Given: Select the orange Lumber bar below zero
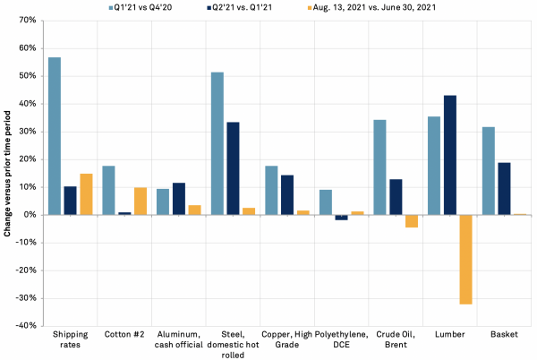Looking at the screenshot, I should [465, 260].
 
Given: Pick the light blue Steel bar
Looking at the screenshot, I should [217, 143].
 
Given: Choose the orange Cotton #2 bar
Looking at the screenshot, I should [141, 201].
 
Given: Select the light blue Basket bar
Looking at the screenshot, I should [488, 171].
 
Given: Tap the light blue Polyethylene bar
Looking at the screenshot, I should [325, 202].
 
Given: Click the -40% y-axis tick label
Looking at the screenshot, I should [24, 326].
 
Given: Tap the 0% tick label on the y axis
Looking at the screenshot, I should [29, 215].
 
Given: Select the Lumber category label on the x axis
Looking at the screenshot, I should [449, 336].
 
